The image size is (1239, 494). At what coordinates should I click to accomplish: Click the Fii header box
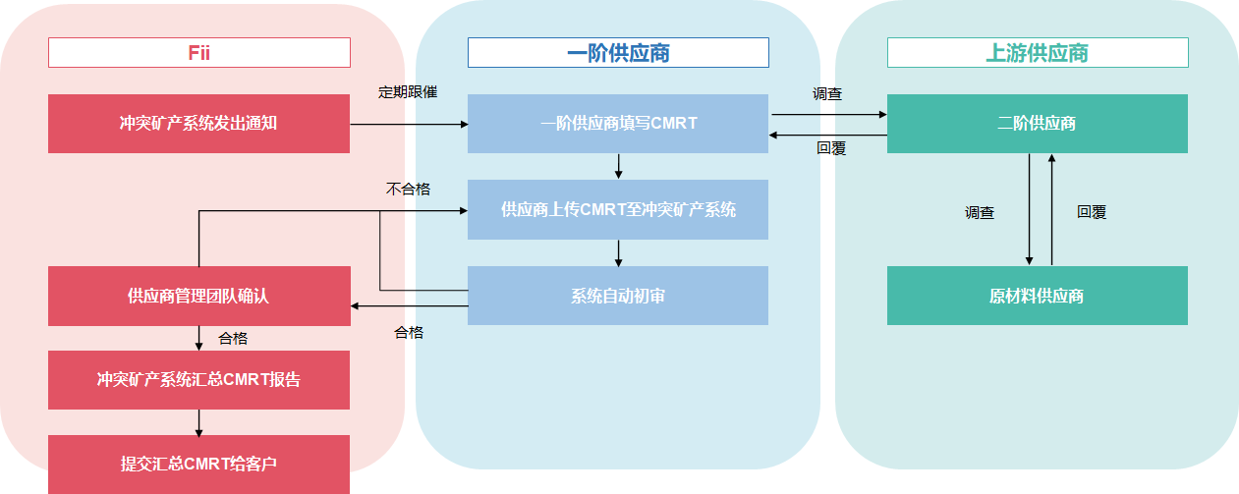pyautogui.click(x=199, y=52)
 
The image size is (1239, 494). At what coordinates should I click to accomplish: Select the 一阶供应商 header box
pyautogui.click(x=618, y=52)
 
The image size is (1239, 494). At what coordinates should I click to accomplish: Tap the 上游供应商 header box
pyautogui.click(x=1038, y=52)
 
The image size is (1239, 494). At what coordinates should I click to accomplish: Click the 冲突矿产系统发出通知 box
pyautogui.click(x=198, y=124)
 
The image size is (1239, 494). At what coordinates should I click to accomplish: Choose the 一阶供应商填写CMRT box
pyautogui.click(x=617, y=124)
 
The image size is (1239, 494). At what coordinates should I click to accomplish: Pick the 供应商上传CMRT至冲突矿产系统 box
pyautogui.click(x=617, y=209)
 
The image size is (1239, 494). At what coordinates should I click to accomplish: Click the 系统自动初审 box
pyautogui.click(x=617, y=296)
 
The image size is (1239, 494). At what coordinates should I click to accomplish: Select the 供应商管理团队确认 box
pyautogui.click(x=198, y=296)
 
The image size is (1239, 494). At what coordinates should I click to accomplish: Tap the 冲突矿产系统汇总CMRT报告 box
pyautogui.click(x=198, y=380)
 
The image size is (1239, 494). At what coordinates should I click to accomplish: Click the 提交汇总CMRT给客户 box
pyautogui.click(x=198, y=464)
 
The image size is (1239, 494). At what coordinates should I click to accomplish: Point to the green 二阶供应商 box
pyautogui.click(x=1037, y=124)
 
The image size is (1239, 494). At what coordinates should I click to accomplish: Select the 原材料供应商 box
pyautogui.click(x=1037, y=296)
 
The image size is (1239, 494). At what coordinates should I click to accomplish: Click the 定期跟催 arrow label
pyautogui.click(x=408, y=92)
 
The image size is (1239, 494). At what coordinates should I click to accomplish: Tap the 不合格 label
pyautogui.click(x=408, y=189)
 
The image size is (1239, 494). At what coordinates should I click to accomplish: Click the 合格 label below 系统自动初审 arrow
pyautogui.click(x=409, y=333)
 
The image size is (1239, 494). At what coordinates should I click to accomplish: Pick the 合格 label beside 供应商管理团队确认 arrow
pyautogui.click(x=233, y=339)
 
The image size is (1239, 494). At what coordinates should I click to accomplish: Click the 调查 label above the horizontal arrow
pyautogui.click(x=827, y=94)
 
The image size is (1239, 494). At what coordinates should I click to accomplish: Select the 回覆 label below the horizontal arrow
pyautogui.click(x=831, y=149)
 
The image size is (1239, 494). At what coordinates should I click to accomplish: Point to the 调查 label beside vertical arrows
pyautogui.click(x=980, y=212)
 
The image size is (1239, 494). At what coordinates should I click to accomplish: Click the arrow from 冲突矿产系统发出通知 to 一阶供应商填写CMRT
pyautogui.click(x=409, y=125)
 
